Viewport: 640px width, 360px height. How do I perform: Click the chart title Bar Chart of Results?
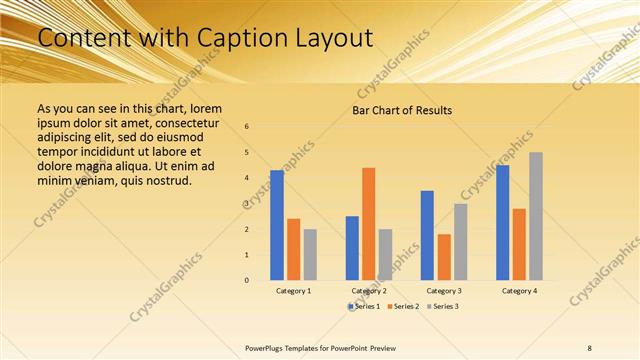click(x=402, y=110)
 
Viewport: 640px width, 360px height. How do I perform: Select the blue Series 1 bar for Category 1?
click(x=277, y=225)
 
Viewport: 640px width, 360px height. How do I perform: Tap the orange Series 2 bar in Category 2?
click(x=368, y=224)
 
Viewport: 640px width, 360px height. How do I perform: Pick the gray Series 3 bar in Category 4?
click(x=535, y=216)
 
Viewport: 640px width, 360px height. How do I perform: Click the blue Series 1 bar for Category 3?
click(x=427, y=235)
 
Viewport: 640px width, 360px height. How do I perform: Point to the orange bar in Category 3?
click(x=444, y=257)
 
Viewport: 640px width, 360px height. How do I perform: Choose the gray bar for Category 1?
click(x=310, y=255)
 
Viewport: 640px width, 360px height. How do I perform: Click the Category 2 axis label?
click(x=369, y=291)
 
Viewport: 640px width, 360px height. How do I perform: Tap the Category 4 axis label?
click(x=518, y=291)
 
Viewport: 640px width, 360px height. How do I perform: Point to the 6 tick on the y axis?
click(x=247, y=127)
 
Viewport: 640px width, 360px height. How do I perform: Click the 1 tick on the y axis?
click(x=247, y=255)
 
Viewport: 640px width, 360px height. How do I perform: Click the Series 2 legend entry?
click(x=404, y=306)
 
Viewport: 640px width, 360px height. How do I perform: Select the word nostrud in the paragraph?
click(x=163, y=180)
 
